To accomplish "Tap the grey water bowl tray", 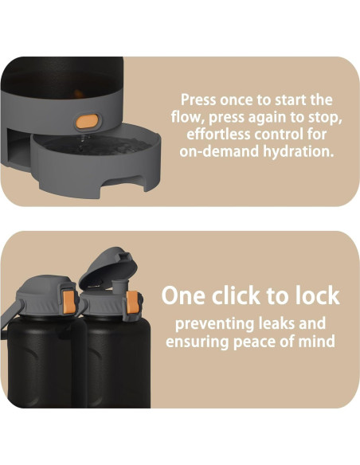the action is tap(96, 161).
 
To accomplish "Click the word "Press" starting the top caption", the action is tap(198, 100).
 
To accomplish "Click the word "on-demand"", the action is tap(219, 152).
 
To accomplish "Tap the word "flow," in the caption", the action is tap(188, 117).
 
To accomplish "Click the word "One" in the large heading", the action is tap(183, 295).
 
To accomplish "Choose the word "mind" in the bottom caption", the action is tap(316, 341).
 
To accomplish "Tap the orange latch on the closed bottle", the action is tap(68, 302).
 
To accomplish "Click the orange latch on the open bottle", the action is tap(132, 303).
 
